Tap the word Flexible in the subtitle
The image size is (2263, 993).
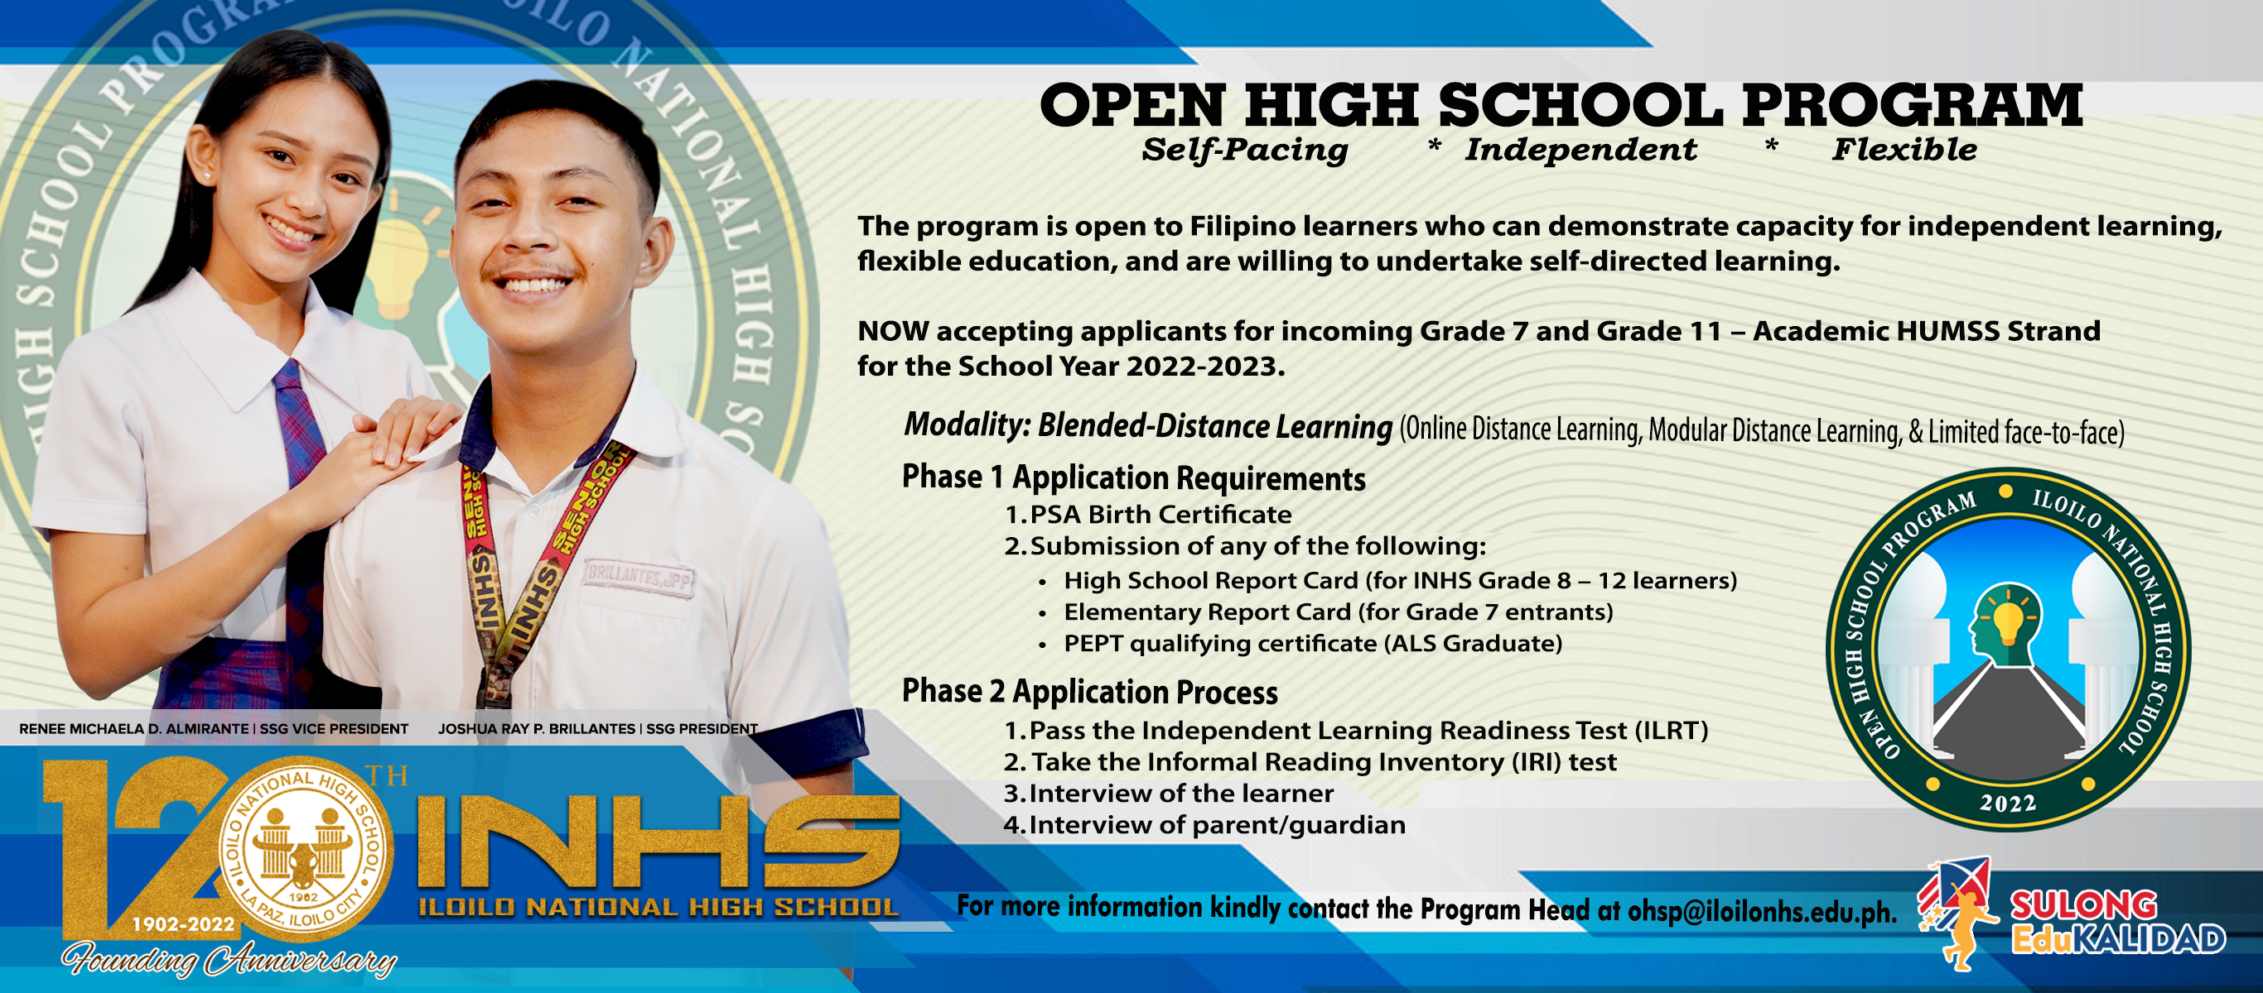click(1904, 150)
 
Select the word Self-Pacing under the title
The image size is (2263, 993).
click(1245, 150)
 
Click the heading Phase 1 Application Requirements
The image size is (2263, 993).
click(1133, 478)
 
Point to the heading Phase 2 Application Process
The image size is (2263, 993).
click(1089, 692)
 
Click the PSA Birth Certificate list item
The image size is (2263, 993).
click(1160, 515)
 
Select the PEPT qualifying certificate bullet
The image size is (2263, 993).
click(1312, 644)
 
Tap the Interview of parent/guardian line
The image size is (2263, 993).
click(1217, 825)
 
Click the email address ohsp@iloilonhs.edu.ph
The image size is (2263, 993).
click(1760, 911)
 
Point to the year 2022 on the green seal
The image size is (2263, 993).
click(2007, 803)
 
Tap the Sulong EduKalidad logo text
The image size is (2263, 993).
click(2117, 922)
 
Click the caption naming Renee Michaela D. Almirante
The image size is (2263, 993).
click(214, 729)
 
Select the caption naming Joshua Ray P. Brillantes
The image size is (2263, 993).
click(597, 729)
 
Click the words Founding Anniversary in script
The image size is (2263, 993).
click(229, 960)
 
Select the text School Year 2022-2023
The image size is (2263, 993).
click(1121, 366)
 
